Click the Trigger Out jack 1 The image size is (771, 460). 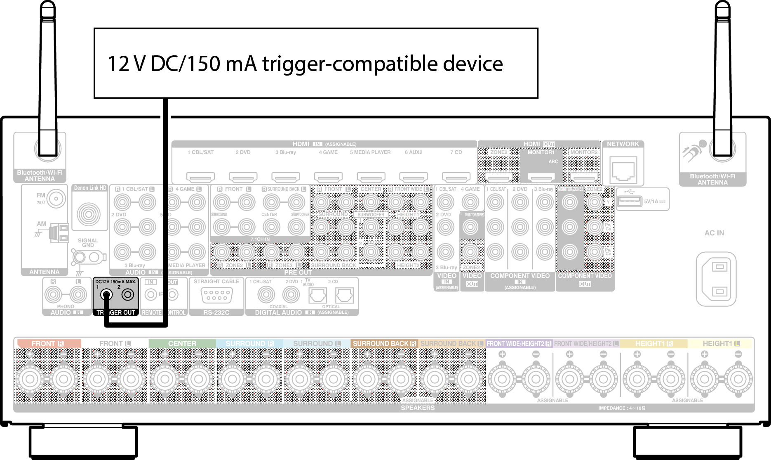107,295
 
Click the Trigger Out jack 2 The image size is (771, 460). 128,295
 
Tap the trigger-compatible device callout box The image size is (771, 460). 316,63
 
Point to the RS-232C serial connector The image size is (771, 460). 216,296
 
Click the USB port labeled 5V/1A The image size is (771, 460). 629,201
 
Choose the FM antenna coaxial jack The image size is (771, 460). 55,199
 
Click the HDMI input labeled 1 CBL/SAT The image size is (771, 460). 200,178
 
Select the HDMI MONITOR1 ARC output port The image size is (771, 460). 541,178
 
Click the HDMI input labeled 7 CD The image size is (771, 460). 456,178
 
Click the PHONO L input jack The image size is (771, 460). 78,294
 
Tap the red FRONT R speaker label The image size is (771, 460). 47,344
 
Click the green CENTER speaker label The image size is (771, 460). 182,344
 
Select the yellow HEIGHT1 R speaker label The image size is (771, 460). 653,344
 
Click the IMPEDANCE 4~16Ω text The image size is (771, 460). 621,408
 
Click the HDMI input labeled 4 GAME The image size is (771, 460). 328,178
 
